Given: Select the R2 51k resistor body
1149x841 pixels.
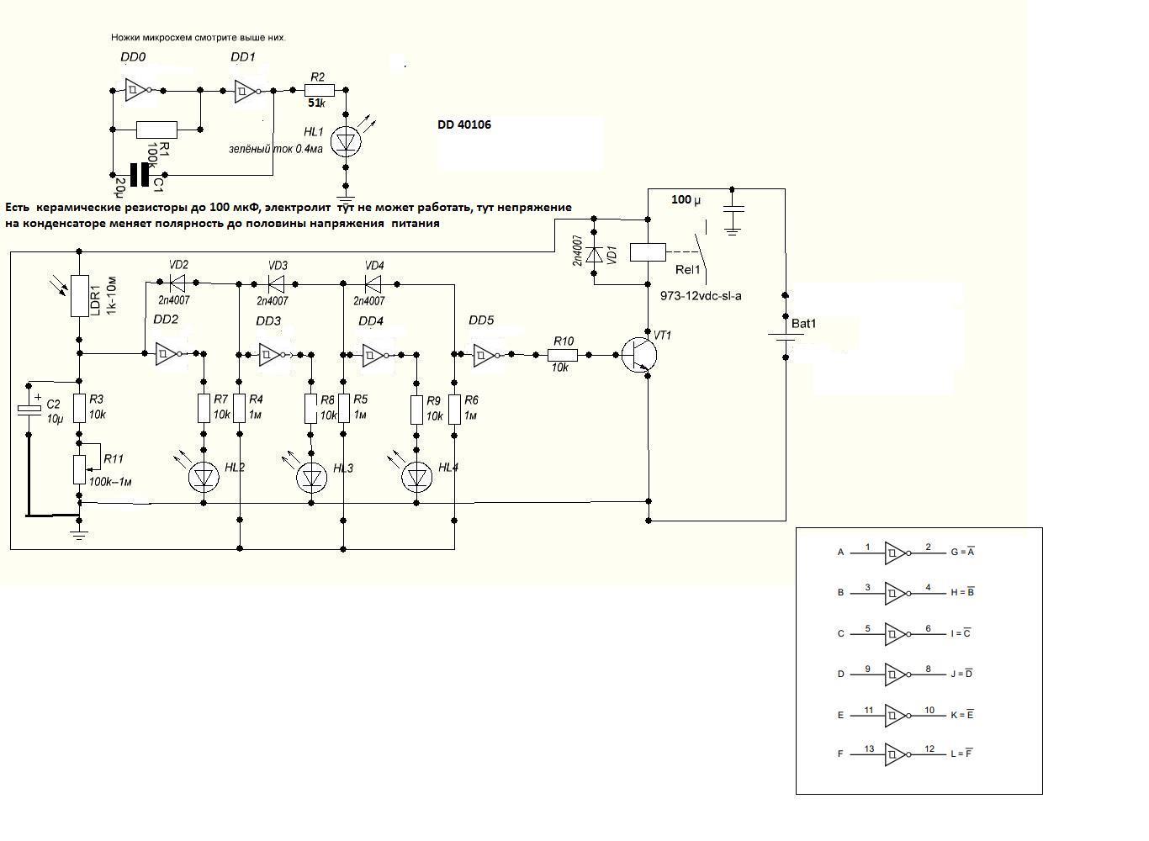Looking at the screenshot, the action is pyautogui.click(x=319, y=91).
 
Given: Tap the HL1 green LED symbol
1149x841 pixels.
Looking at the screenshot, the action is pyautogui.click(x=346, y=142).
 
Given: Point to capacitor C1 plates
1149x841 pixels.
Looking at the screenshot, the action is pyautogui.click(x=140, y=175).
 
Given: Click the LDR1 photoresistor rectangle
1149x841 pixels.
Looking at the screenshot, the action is pyautogui.click(x=80, y=296).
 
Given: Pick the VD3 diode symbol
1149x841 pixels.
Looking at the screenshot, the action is pyautogui.click(x=276, y=283).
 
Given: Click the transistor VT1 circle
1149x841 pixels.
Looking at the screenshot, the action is pyautogui.click(x=638, y=354).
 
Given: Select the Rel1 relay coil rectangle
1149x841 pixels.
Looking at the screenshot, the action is pyautogui.click(x=648, y=252).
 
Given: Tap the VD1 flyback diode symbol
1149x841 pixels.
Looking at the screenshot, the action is pyautogui.click(x=594, y=255).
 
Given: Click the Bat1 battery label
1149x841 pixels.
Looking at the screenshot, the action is pyautogui.click(x=803, y=324).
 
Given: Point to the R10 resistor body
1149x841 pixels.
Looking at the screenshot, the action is pyautogui.click(x=563, y=355).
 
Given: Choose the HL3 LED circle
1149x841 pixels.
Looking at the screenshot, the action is pyautogui.click(x=311, y=478).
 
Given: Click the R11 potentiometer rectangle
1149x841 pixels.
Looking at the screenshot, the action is pyautogui.click(x=79, y=469).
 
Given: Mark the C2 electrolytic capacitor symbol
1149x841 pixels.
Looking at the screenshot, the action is pyautogui.click(x=29, y=409).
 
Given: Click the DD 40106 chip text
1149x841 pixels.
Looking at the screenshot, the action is pyautogui.click(x=464, y=124).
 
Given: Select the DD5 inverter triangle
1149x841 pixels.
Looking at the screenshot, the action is pyautogui.click(x=484, y=355).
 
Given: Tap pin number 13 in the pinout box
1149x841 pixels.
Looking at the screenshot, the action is pyautogui.click(x=869, y=748).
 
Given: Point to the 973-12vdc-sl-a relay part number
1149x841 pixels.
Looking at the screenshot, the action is pyautogui.click(x=701, y=296).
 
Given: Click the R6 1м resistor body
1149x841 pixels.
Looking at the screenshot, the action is pyautogui.click(x=454, y=409).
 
